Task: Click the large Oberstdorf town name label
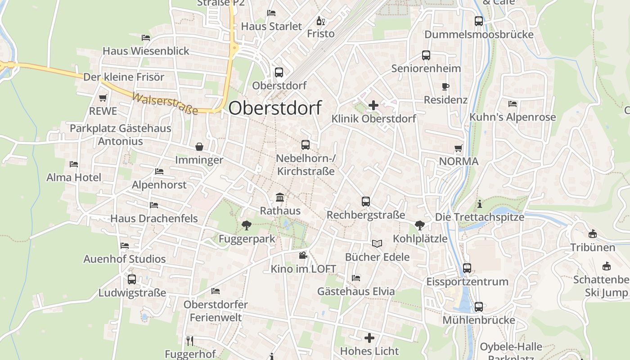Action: (275, 108)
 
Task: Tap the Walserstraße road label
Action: (165, 103)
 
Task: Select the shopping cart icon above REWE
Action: (103, 98)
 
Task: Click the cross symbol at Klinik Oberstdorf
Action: (373, 106)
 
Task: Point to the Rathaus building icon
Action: (280, 197)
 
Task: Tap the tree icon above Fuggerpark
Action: (246, 225)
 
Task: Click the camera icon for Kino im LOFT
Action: (303, 256)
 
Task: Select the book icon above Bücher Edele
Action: (377, 243)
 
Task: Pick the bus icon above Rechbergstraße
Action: (366, 202)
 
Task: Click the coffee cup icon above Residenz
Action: (445, 86)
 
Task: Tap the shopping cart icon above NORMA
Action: (459, 148)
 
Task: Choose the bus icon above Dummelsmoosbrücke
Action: (479, 21)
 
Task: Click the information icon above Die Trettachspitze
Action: (480, 204)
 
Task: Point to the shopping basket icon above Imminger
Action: (199, 147)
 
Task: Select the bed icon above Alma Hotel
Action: (74, 164)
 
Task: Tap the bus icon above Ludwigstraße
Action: (132, 279)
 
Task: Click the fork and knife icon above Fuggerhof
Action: (190, 341)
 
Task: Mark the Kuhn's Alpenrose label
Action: (513, 117)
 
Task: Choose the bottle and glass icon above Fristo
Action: (321, 21)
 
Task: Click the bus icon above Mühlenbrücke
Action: (479, 307)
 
